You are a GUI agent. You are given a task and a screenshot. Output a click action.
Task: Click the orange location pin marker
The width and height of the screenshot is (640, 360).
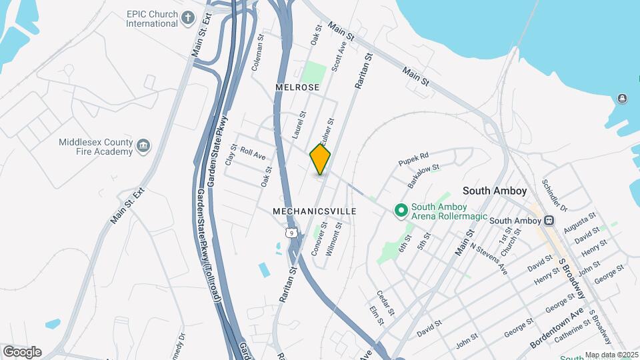coord(320,159)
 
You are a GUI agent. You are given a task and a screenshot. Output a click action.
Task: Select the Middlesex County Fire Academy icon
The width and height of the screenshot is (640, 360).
coord(143,147)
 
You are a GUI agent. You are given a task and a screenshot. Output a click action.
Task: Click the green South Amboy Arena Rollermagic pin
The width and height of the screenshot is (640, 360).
coord(401,211)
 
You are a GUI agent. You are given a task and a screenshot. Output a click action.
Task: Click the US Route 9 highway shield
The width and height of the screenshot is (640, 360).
coord(290,233)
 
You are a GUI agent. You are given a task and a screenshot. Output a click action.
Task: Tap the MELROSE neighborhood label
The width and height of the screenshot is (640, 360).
coord(297,87)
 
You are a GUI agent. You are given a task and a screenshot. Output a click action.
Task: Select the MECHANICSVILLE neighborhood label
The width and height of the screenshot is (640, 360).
coord(315,211)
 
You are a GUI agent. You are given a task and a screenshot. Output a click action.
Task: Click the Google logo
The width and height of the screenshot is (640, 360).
coord(22,351)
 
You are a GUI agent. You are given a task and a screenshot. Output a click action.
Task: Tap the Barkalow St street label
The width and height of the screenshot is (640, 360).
coord(424,176)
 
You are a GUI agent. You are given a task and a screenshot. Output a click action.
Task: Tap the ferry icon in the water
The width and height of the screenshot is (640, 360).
coord(622,99)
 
